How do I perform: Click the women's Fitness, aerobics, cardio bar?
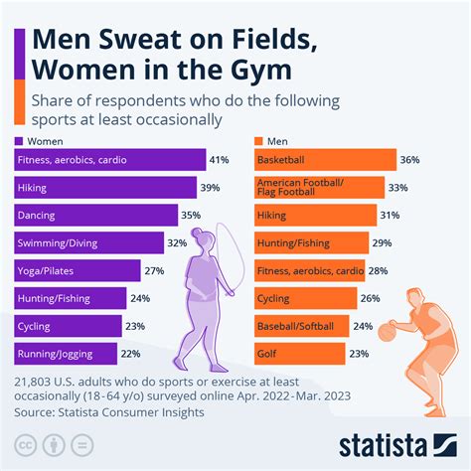tap(109, 159)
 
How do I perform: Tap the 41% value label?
tap(221, 159)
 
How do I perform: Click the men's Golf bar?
tap(298, 353)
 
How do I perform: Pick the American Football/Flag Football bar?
tap(318, 187)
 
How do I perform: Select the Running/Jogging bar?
tap(66, 353)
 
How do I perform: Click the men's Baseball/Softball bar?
tap(300, 325)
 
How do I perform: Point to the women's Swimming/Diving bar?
tap(90, 242)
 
